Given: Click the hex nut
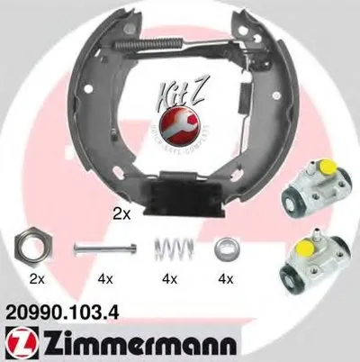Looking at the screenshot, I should coord(33,246).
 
